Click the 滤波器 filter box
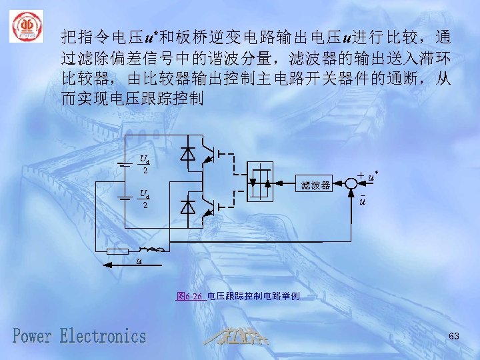315,185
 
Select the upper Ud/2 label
143,164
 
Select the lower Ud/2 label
143,199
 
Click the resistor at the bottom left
117,251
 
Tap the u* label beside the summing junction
371,177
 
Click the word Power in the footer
34,335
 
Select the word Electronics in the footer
103,335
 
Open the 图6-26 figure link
189,295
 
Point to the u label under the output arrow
139,260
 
